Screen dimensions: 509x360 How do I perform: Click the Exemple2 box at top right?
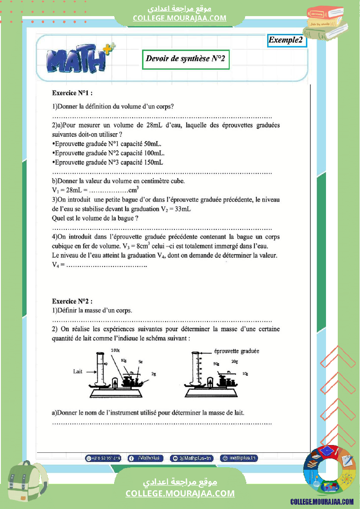click(x=286, y=40)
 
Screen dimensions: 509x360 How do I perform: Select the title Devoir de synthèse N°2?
click(x=186, y=59)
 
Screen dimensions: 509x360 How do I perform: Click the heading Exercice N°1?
click(x=72, y=93)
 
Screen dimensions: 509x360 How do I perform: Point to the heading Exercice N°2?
click(x=72, y=301)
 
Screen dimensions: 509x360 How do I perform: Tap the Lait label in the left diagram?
click(x=78, y=372)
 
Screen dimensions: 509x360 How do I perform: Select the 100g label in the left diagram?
click(x=115, y=351)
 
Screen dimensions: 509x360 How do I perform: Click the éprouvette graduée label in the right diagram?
click(x=237, y=351)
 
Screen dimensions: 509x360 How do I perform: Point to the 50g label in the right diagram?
click(x=216, y=364)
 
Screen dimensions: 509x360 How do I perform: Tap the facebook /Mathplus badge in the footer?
click(x=146, y=458)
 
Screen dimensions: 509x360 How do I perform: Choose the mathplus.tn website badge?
click(x=239, y=458)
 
